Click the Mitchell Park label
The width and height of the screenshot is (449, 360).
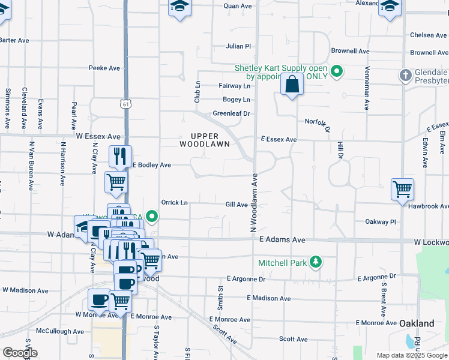282,263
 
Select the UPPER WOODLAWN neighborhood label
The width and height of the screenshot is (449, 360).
205,140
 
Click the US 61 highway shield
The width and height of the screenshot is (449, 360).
125,103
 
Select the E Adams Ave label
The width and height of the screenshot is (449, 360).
282,239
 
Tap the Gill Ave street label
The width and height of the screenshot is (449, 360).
237,205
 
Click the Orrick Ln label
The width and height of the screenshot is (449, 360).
174,203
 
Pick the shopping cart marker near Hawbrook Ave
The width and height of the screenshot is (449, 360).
402,189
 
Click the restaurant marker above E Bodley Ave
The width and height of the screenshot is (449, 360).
120,156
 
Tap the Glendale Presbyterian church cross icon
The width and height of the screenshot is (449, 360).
405,76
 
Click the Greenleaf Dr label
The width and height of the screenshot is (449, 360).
231,113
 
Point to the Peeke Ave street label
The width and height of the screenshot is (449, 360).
104,68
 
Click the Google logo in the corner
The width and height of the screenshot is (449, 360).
20,353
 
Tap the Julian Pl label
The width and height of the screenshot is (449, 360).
238,46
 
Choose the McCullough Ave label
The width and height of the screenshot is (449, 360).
60,331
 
